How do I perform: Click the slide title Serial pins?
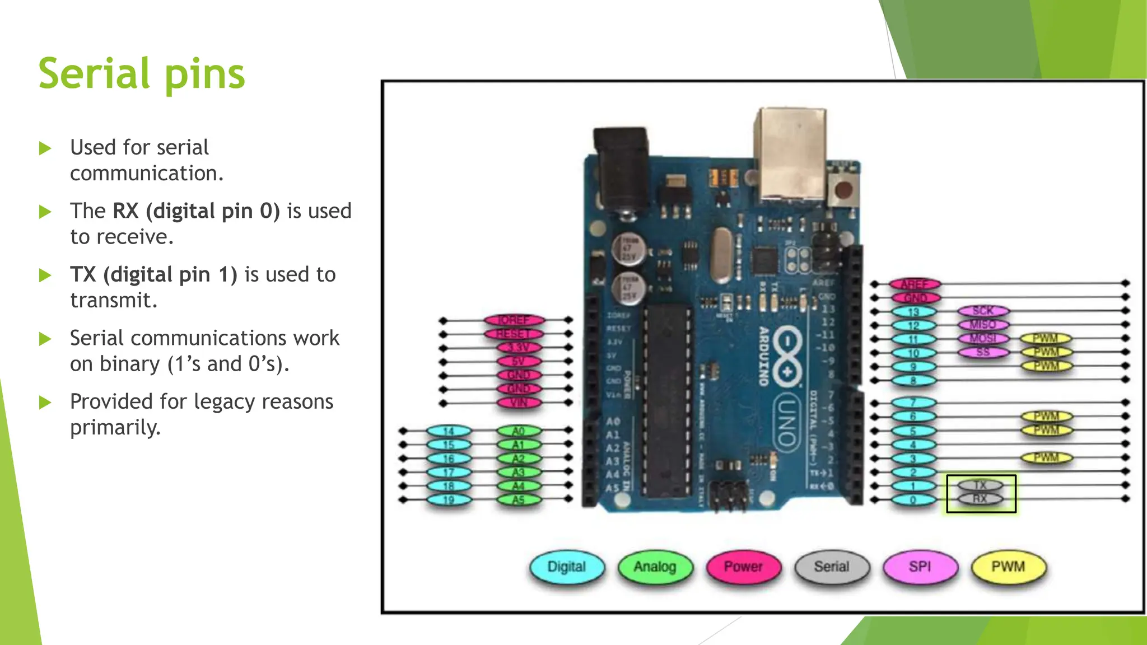coord(142,73)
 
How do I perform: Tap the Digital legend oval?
coord(567,567)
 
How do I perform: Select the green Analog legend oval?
coord(655,567)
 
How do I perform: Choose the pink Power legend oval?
coord(743,567)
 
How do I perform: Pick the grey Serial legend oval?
coord(832,567)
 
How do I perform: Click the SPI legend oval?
coord(920,567)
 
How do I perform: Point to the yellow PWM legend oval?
coord(1008,567)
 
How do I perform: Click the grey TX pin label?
coord(980,485)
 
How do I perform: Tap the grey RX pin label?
coord(980,499)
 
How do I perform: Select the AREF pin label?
coord(915,284)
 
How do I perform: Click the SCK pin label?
coord(983,311)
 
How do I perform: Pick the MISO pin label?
coord(983,325)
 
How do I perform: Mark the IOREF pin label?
coord(514,320)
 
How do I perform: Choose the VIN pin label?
coord(519,403)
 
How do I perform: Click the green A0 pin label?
coord(519,431)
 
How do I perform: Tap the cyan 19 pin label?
coord(449,500)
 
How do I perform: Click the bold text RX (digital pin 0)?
coord(196,211)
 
